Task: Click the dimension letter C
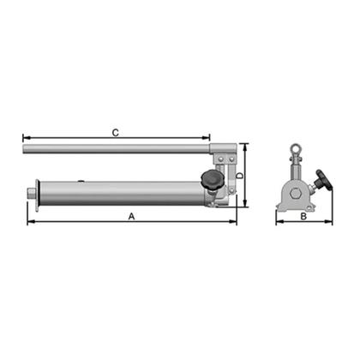[115, 133]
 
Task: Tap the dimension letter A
[131, 216]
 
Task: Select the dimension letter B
[303, 217]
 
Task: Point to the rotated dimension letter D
[241, 176]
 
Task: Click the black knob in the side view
[211, 179]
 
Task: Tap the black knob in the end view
[324, 179]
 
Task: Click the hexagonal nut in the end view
[295, 195]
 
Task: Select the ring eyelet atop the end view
[295, 148]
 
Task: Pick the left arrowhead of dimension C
[26, 138]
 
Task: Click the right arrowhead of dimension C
[207, 138]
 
